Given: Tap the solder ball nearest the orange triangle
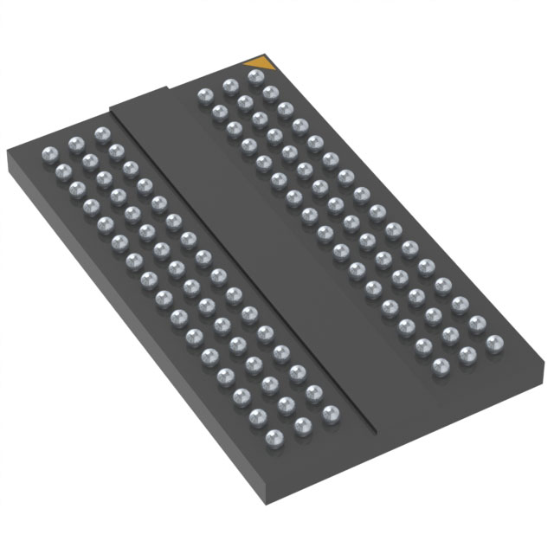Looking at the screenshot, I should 255,77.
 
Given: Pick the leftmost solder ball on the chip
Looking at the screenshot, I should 49,154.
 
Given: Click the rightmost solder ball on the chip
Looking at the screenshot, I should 494,344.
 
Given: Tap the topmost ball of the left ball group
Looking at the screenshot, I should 102,134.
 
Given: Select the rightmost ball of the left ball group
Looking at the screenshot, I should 329,414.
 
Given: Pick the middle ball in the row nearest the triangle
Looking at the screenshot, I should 230,86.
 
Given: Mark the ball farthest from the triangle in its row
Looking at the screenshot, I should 204,94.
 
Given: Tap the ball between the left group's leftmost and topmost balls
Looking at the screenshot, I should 75,144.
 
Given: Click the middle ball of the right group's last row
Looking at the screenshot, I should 467,354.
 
